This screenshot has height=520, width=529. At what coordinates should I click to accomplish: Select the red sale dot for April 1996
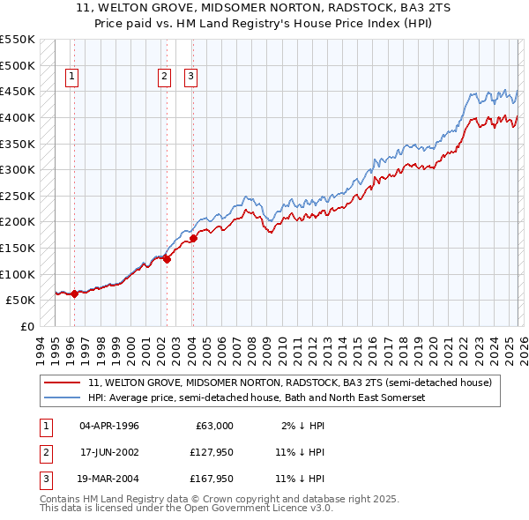(74, 294)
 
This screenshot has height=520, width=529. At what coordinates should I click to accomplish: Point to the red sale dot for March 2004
(193, 237)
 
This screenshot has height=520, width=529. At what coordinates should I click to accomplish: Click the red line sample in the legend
(62, 383)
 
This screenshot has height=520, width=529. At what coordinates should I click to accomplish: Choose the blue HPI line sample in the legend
(62, 398)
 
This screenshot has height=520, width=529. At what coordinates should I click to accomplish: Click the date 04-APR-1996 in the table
(109, 426)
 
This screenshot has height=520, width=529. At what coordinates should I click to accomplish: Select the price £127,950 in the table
(210, 452)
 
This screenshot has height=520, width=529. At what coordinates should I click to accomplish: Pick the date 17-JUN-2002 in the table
(109, 452)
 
